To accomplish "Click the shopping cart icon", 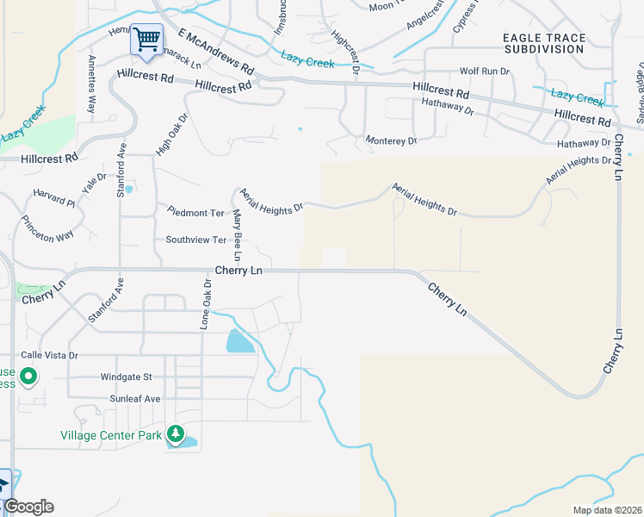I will (x=146, y=39).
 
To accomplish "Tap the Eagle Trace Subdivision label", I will (x=542, y=42).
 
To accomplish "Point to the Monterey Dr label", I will (x=390, y=140).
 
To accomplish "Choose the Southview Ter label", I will (x=195, y=240).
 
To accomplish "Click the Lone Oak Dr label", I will (x=206, y=304).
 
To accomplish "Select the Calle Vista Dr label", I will (x=49, y=355).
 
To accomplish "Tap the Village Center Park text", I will (x=111, y=436).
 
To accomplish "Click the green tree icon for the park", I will (x=176, y=433).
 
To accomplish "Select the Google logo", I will (x=28, y=507).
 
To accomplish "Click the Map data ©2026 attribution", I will (x=607, y=510).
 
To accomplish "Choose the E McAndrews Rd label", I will (x=217, y=53).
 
